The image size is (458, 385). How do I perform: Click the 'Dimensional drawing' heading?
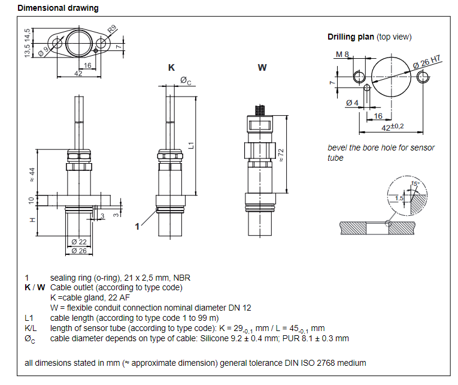[58, 8]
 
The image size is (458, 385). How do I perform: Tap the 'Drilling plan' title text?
[350, 37]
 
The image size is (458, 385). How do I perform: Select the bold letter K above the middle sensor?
[171, 68]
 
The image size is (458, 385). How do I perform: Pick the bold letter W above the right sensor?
[262, 68]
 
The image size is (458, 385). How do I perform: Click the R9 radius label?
[112, 29]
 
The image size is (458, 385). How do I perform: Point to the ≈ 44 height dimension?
[32, 175]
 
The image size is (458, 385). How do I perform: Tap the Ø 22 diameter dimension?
[79, 242]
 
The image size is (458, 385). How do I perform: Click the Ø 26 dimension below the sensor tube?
[79, 251]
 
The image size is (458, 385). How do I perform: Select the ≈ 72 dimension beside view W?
[281, 155]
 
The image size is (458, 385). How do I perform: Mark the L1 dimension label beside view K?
[191, 145]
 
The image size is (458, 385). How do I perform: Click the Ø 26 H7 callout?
[427, 62]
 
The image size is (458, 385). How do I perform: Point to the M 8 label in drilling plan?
[342, 55]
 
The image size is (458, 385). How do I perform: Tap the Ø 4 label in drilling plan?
[352, 103]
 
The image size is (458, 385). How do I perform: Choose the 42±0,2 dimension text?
[393, 127]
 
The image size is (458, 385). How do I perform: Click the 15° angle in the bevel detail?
[415, 184]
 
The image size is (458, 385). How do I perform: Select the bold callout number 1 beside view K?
[137, 227]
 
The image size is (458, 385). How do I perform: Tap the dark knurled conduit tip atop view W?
[260, 110]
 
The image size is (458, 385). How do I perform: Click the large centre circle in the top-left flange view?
[79, 43]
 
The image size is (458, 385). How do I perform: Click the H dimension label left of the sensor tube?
[32, 220]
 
